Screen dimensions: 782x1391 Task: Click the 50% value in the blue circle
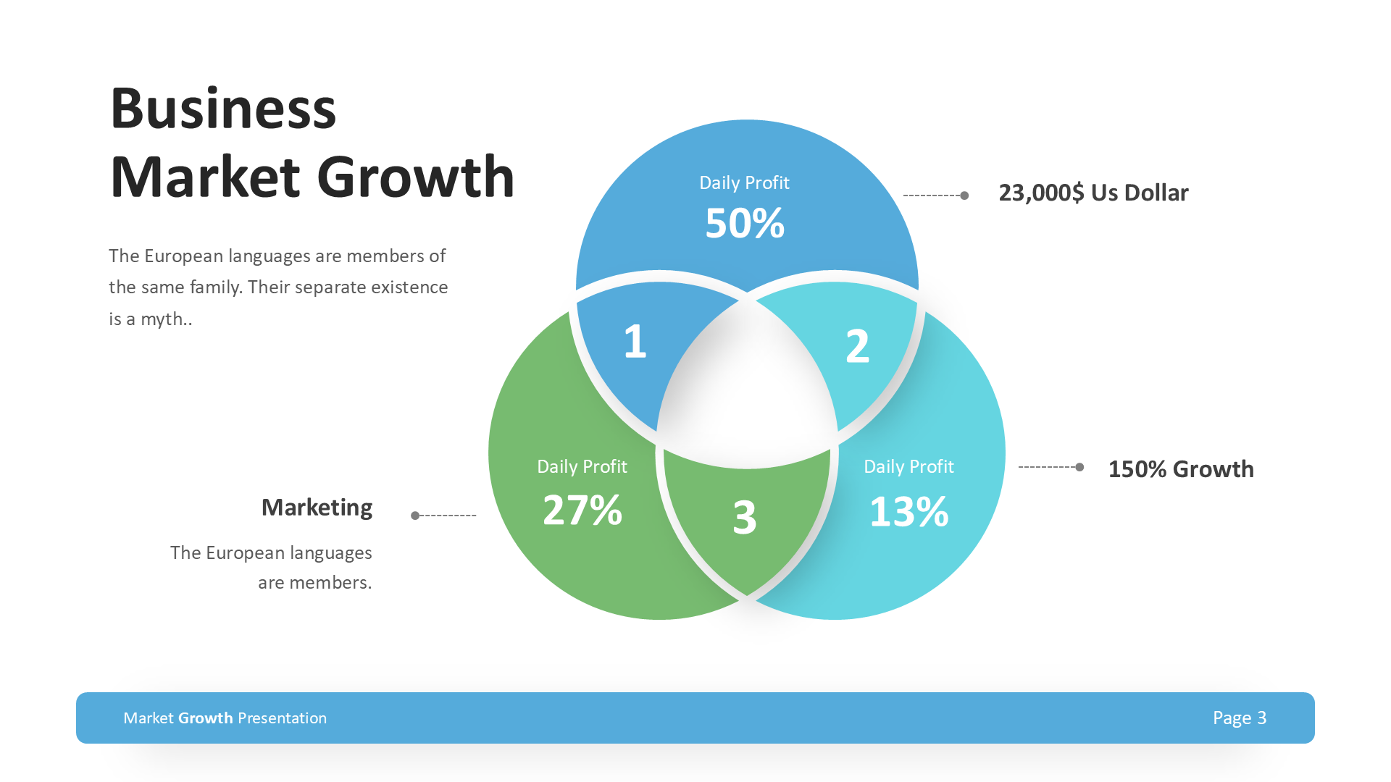tap(745, 223)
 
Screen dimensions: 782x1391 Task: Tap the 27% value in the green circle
tap(582, 510)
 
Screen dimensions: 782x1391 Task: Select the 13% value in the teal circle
tap(908, 512)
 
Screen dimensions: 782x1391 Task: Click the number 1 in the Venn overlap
tap(635, 342)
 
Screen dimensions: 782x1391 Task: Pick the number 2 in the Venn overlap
tap(857, 346)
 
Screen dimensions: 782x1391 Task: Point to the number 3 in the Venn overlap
tap(745, 518)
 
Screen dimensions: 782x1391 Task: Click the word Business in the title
tap(223, 109)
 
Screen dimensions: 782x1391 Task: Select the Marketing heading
tap(317, 508)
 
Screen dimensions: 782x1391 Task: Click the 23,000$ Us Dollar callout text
tap(1093, 193)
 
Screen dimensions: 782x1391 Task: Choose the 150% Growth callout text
tap(1181, 469)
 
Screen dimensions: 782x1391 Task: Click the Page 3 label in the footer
tap(1240, 718)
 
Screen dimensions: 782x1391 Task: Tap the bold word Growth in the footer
tap(206, 718)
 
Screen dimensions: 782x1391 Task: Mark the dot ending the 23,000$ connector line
tap(964, 195)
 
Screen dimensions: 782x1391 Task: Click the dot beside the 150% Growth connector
tap(1079, 467)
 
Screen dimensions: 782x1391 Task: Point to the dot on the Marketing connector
tap(415, 516)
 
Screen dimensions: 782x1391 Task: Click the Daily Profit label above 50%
tap(744, 182)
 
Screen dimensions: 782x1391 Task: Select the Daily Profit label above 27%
tap(582, 466)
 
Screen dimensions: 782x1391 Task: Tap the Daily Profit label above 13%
tap(908, 466)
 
